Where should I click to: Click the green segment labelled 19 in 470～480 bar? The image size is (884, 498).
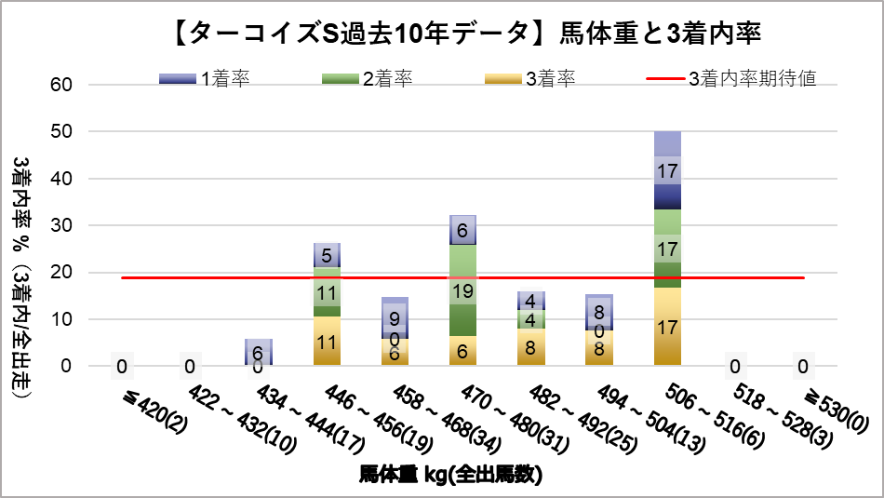click(462, 289)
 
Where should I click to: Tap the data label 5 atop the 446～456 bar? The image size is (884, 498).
click(327, 255)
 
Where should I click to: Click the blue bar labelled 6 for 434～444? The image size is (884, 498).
click(258, 352)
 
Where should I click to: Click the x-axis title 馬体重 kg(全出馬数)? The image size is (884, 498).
click(450, 475)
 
